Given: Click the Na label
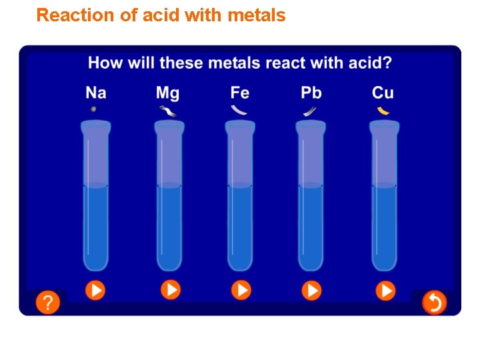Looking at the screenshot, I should (x=95, y=92).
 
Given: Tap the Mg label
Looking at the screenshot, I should (x=167, y=93).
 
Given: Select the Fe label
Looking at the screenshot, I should (x=239, y=92).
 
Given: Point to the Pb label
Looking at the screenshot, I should (x=311, y=92).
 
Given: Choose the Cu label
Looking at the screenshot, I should (x=383, y=92).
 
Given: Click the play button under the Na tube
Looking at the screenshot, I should (x=95, y=290).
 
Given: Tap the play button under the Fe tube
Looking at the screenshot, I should (x=241, y=290).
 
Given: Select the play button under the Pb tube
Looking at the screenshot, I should (x=311, y=290).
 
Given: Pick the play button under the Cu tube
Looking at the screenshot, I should (x=385, y=290).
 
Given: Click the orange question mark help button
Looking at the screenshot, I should (x=47, y=303).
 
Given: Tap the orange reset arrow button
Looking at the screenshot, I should (x=434, y=303).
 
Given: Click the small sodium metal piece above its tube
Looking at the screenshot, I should (x=93, y=109).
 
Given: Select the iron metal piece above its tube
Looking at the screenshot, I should (x=238, y=110).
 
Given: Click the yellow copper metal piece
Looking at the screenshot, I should (x=383, y=110).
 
